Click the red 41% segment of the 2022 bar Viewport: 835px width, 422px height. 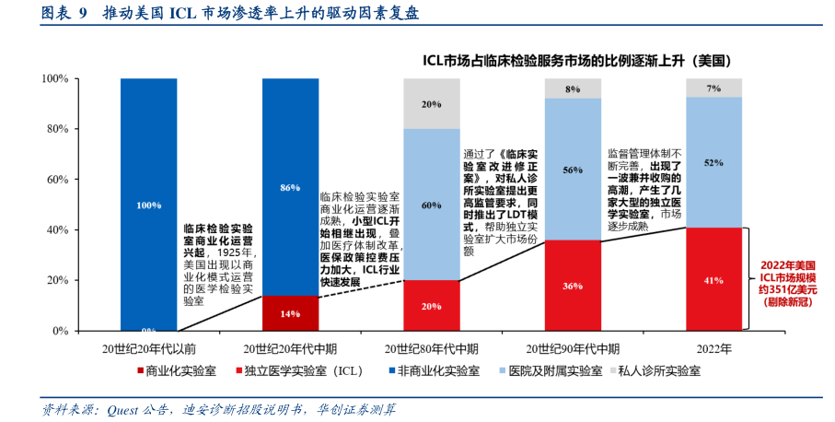(713, 278)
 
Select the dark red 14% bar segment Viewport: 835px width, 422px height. (290, 313)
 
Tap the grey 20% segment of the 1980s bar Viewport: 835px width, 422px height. (431, 103)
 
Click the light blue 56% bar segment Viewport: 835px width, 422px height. (573, 170)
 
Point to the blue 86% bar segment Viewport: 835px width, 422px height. (290, 187)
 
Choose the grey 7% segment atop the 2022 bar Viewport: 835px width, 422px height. (713, 88)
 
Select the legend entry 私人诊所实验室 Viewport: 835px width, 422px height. (658, 371)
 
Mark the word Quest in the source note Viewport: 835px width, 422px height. (124, 409)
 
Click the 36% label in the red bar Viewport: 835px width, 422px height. (573, 286)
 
